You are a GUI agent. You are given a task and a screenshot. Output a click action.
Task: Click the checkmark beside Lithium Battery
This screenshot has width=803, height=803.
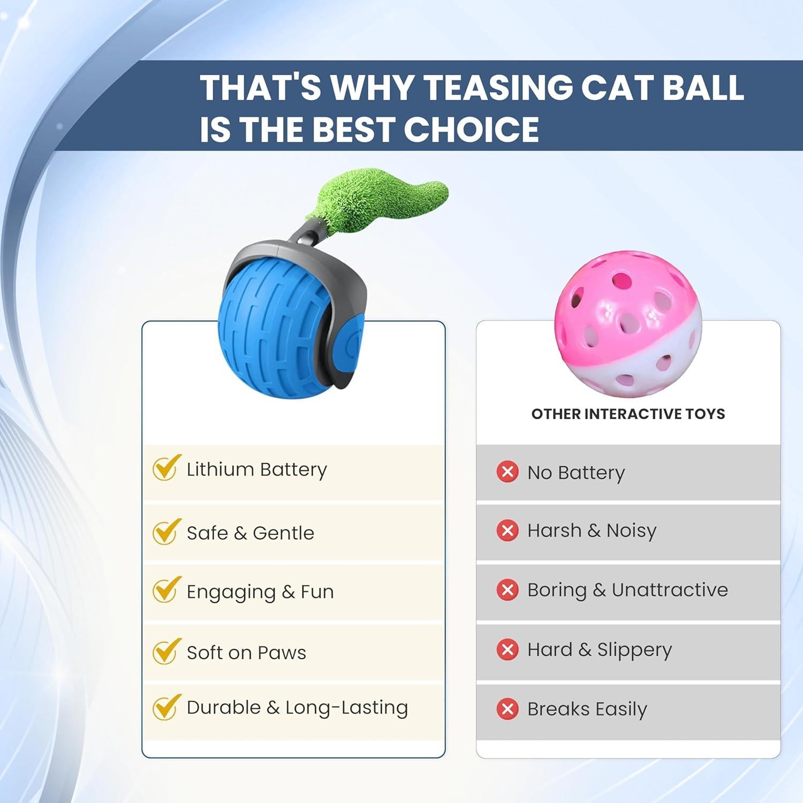tap(164, 468)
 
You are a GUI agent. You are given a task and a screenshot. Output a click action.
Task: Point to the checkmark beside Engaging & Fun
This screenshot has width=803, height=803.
tap(164, 590)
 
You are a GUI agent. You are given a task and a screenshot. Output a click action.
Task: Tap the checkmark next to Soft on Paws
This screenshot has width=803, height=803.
tap(164, 652)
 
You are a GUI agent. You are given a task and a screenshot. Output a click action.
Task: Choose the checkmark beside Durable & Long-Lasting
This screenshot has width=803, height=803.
tap(164, 707)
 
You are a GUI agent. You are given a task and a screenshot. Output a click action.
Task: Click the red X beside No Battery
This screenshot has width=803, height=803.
tap(507, 472)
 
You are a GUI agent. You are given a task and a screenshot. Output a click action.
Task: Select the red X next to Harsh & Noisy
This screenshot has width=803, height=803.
tap(507, 531)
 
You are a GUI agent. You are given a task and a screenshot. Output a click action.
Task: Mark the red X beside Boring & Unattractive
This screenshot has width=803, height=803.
tap(507, 590)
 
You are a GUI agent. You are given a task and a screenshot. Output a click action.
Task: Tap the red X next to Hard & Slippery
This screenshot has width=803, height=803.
tap(507, 649)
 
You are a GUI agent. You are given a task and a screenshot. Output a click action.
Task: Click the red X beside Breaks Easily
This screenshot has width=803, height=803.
tap(507, 709)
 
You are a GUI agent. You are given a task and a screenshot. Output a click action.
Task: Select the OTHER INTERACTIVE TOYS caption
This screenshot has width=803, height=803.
tap(628, 414)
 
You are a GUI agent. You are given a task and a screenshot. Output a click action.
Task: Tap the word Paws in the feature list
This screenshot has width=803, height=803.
tap(282, 653)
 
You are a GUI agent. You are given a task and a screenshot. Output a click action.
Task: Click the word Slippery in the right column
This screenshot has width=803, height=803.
tap(634, 650)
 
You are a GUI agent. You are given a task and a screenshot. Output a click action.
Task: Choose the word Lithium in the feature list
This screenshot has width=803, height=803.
tap(220, 469)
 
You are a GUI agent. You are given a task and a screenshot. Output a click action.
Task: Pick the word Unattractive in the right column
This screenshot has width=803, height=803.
tap(670, 590)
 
